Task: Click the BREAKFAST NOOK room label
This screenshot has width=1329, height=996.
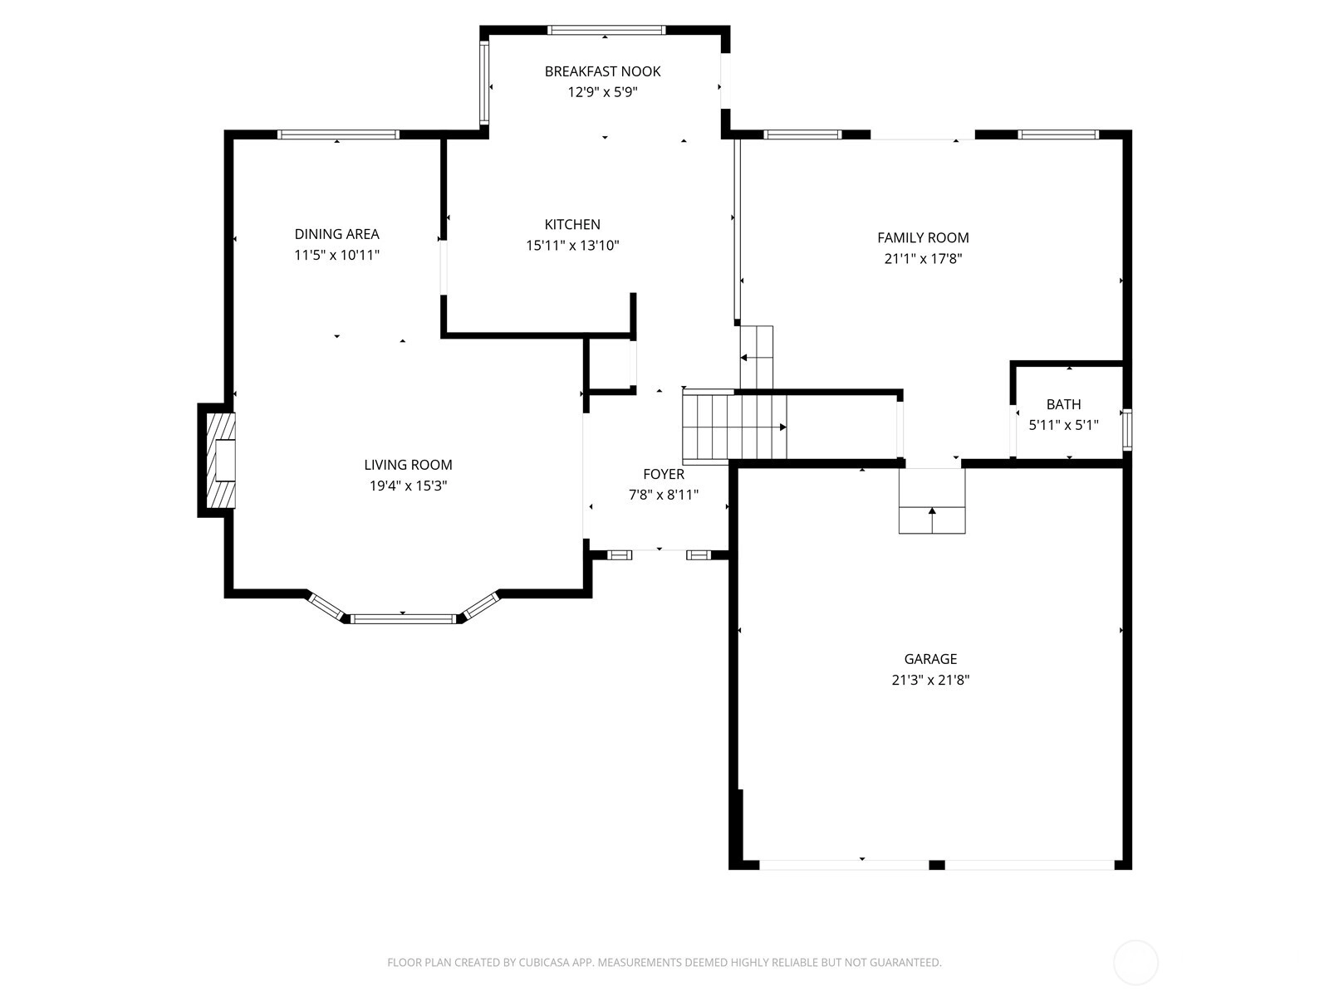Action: tap(602, 71)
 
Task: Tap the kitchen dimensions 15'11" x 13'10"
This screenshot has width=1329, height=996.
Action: tap(572, 245)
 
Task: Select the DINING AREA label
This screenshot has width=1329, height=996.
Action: tap(336, 234)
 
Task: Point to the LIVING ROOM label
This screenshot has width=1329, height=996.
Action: tap(408, 465)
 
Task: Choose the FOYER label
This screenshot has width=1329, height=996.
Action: tap(664, 474)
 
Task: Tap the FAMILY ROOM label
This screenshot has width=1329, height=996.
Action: tap(923, 237)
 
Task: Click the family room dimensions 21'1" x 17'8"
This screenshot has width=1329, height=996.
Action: tap(923, 259)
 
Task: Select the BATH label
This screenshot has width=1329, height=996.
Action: tap(1063, 404)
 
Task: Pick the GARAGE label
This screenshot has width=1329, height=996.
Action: tap(930, 658)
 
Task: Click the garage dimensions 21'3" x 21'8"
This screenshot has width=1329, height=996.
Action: tap(930, 680)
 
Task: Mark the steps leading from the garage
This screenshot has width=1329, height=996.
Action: tap(932, 500)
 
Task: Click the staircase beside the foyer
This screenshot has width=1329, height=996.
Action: tap(734, 427)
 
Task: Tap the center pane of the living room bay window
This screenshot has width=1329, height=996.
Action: tap(403, 618)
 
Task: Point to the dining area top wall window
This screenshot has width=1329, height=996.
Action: tap(338, 134)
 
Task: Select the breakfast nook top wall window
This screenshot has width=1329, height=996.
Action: tap(606, 30)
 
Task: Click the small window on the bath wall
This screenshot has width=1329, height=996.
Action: tap(1127, 430)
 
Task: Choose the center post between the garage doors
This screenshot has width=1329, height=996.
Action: tap(937, 865)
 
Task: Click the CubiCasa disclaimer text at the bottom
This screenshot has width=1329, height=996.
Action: tap(664, 962)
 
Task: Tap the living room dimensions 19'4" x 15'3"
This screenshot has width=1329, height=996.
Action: tap(408, 486)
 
